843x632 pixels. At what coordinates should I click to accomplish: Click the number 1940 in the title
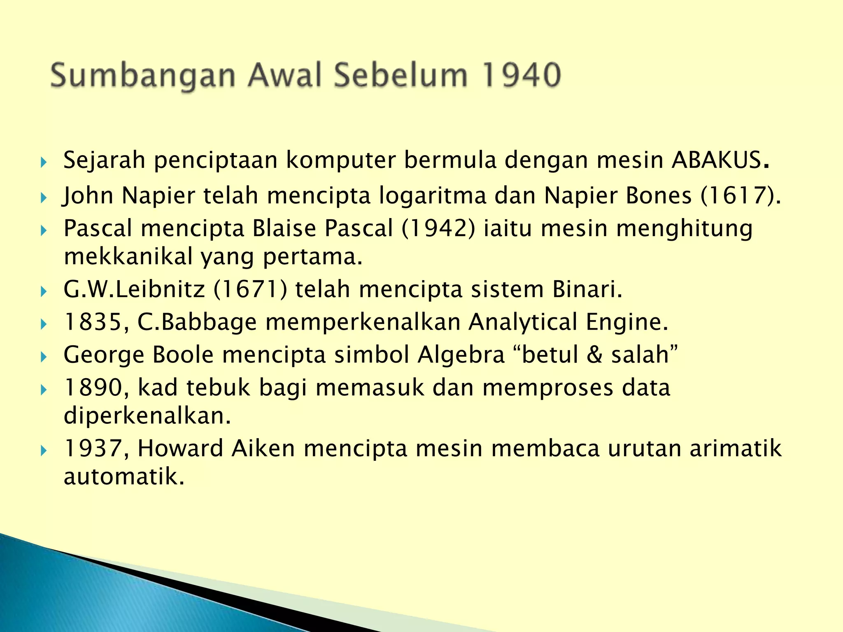522,75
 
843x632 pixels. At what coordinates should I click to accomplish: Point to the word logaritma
433,196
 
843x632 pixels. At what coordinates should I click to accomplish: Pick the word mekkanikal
128,257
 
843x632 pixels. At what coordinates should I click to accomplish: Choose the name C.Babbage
197,322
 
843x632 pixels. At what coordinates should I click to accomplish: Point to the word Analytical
523,323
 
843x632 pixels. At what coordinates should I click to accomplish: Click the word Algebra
461,354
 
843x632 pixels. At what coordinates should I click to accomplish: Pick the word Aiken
263,448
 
